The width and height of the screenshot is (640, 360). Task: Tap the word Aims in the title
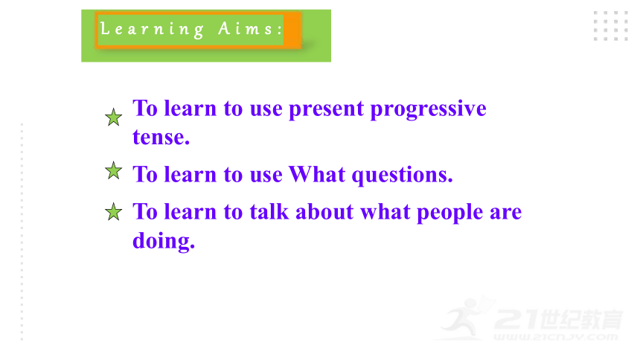246,28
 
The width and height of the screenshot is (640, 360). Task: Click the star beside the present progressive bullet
113,117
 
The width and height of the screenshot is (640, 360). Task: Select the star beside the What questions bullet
113,170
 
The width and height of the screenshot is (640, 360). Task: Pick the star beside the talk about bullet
113,212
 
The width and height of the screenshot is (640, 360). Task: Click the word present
326,109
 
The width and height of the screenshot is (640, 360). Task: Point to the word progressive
428,109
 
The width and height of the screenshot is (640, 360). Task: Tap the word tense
161,137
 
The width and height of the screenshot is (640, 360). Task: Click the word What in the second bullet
317,174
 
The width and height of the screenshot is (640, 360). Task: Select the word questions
403,176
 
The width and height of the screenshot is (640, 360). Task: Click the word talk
269,211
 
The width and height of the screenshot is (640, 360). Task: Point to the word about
324,212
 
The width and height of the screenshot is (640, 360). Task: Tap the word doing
164,240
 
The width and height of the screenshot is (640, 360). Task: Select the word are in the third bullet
506,213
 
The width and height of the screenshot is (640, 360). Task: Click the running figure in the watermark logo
464,318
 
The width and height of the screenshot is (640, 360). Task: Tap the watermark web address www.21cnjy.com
555,337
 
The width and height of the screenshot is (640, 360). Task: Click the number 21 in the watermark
517,319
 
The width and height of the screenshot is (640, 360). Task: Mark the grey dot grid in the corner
611,26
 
